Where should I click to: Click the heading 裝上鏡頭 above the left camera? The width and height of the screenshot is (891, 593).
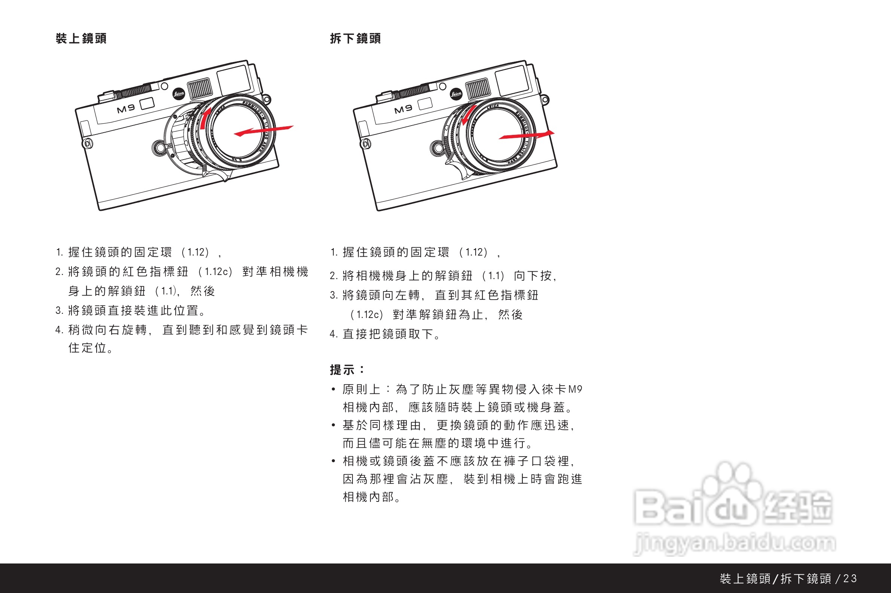point(81,38)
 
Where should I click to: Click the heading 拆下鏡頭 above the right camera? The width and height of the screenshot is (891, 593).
point(355,38)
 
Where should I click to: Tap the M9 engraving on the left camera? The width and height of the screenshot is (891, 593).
point(126,109)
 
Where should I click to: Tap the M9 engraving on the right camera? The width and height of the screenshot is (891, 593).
point(403,109)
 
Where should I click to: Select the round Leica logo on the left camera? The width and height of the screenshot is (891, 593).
point(179,93)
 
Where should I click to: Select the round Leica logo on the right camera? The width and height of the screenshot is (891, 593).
point(456,93)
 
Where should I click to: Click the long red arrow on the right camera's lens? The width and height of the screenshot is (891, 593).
point(527,135)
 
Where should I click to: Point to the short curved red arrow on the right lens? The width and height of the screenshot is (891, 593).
point(468,115)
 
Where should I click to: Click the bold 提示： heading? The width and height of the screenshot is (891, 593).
point(347,370)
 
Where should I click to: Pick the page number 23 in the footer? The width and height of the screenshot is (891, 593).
point(850,578)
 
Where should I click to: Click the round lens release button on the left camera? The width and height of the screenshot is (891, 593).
point(159,148)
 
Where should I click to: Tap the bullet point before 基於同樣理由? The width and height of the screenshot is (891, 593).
point(333,425)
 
